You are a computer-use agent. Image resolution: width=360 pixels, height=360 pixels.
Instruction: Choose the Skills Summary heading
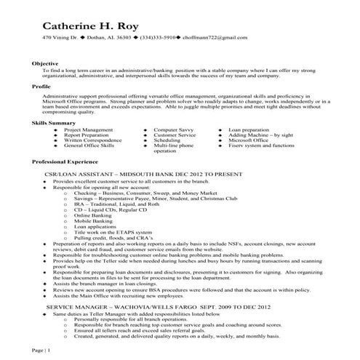point(53,124)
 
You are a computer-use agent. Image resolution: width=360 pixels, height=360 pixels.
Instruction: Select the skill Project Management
point(88,129)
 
